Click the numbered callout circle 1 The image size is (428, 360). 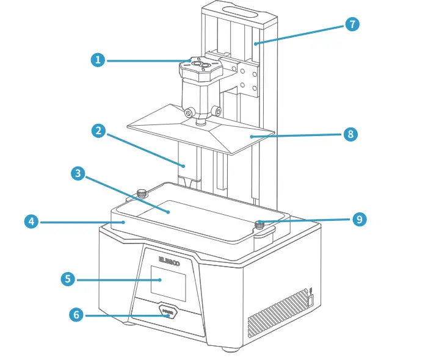98,60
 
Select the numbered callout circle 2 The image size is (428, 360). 98,130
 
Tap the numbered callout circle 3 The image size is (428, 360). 77,173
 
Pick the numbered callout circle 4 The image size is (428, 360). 32,221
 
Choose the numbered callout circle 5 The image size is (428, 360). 68,279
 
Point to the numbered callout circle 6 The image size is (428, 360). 76,314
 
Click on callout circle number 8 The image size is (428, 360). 350,134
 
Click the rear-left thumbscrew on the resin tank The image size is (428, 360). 142,193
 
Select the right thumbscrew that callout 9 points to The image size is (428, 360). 259,225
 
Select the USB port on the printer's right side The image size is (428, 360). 310,300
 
